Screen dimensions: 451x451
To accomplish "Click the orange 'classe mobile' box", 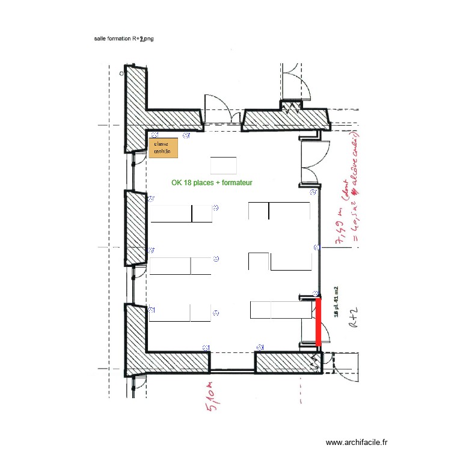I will (164, 148).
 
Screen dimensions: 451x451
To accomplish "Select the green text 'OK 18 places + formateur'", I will (212, 182).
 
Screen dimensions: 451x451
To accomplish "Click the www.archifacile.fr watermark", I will (356, 441).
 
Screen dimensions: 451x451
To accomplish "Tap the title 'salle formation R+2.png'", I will (124, 38).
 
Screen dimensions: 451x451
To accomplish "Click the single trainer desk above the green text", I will (223, 164).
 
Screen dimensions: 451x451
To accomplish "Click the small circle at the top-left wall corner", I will (121, 74).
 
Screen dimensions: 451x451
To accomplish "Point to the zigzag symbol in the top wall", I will (292, 108).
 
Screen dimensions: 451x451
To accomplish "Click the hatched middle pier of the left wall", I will (137, 227).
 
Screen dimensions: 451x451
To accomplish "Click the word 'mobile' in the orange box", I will (162, 153).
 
